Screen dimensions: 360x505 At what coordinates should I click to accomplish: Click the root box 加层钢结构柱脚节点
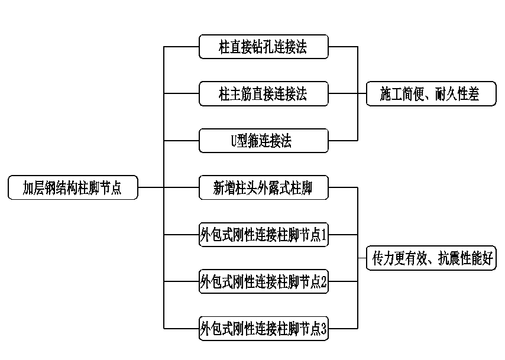tap(73, 188)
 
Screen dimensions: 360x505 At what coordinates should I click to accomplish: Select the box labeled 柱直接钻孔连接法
tap(263, 47)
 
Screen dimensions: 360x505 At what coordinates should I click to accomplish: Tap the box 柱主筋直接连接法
tap(263, 93)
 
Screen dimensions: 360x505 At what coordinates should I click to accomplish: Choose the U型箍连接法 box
tap(263, 141)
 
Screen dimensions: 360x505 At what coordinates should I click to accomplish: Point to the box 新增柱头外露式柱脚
tap(263, 188)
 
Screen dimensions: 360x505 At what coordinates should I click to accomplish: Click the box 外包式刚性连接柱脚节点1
tap(263, 235)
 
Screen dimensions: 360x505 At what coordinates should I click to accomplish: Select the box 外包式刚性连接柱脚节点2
tap(263, 282)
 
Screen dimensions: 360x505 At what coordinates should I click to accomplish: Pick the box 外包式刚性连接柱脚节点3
tap(263, 329)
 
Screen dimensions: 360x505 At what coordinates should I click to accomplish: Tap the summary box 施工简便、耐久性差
tap(431, 93)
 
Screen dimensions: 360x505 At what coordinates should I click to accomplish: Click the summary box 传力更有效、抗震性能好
tap(432, 258)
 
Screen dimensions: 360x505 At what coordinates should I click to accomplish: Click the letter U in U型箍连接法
tap(234, 141)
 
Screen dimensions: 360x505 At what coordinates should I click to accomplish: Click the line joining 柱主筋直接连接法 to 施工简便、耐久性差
tap(343, 93)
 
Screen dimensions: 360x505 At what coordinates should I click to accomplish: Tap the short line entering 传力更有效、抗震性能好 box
tap(362, 258)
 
